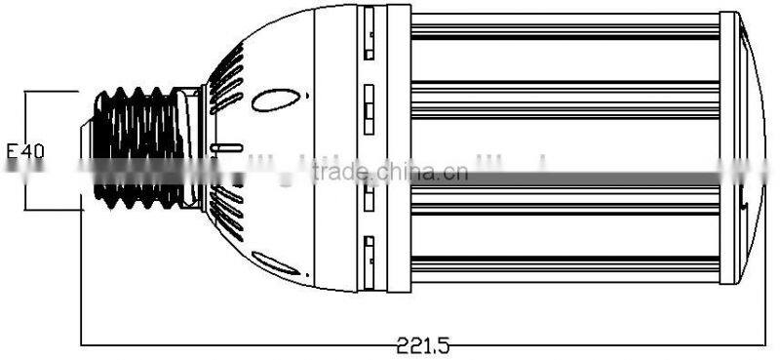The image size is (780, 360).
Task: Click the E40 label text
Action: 25,151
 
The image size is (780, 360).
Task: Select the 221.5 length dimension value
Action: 422,344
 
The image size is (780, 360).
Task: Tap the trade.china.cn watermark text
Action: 390,172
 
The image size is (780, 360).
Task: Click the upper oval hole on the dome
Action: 276,100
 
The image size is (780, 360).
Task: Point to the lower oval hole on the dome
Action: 276,262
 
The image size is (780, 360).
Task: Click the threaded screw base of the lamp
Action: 138,148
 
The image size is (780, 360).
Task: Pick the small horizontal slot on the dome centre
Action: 226,148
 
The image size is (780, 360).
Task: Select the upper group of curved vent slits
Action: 226,79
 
